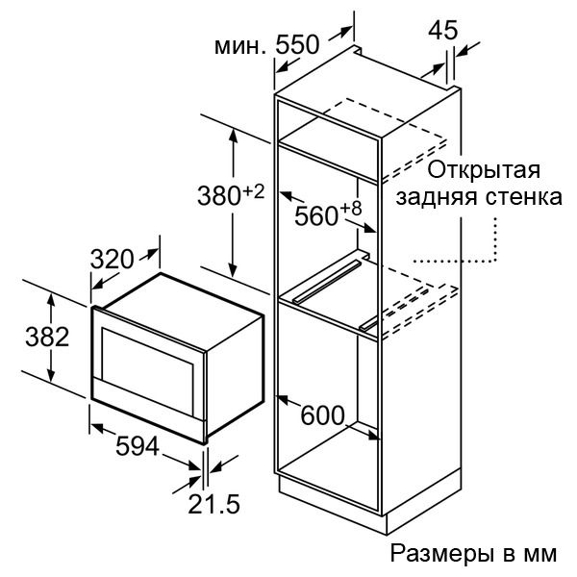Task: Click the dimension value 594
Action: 138,446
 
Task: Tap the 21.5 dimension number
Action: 213,503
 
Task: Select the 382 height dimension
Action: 47,337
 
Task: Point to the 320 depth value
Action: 112,259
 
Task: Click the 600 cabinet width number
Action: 322,415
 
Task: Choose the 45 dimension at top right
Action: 443,30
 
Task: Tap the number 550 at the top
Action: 297,45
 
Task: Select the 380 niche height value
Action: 219,195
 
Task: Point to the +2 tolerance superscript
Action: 253,191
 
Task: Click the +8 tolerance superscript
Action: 351,209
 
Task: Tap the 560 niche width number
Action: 316,215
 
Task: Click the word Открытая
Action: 484,170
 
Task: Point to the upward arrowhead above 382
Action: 51,301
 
